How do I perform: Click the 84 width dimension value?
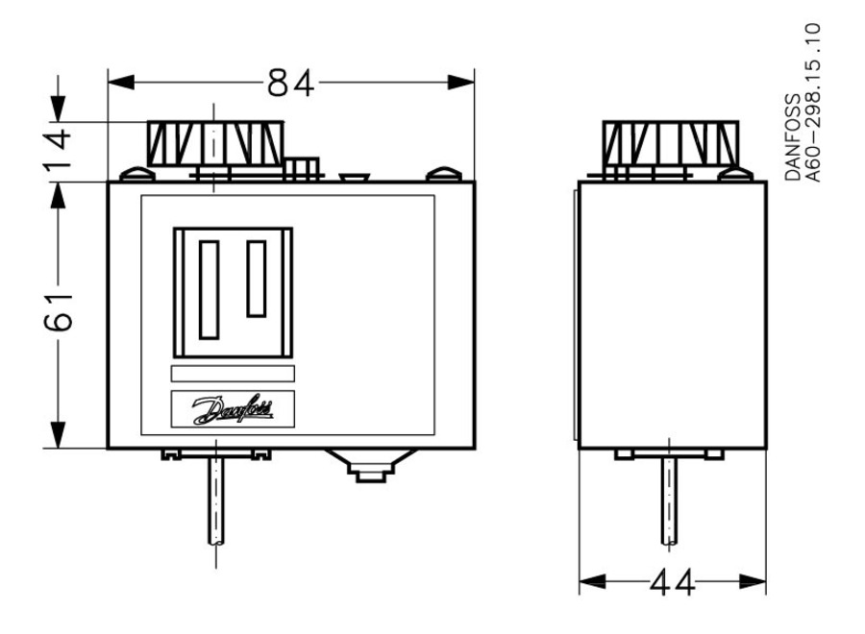pos(290,85)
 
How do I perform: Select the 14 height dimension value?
pos(59,149)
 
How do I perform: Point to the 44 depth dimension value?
pos(672,582)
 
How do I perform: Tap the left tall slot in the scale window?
pos(209,289)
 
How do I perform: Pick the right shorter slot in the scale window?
pos(257,279)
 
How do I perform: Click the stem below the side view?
pos(667,500)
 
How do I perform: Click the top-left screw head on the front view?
pos(136,174)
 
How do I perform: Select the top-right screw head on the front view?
pos(443,174)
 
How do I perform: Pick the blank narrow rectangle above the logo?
pos(233,375)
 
